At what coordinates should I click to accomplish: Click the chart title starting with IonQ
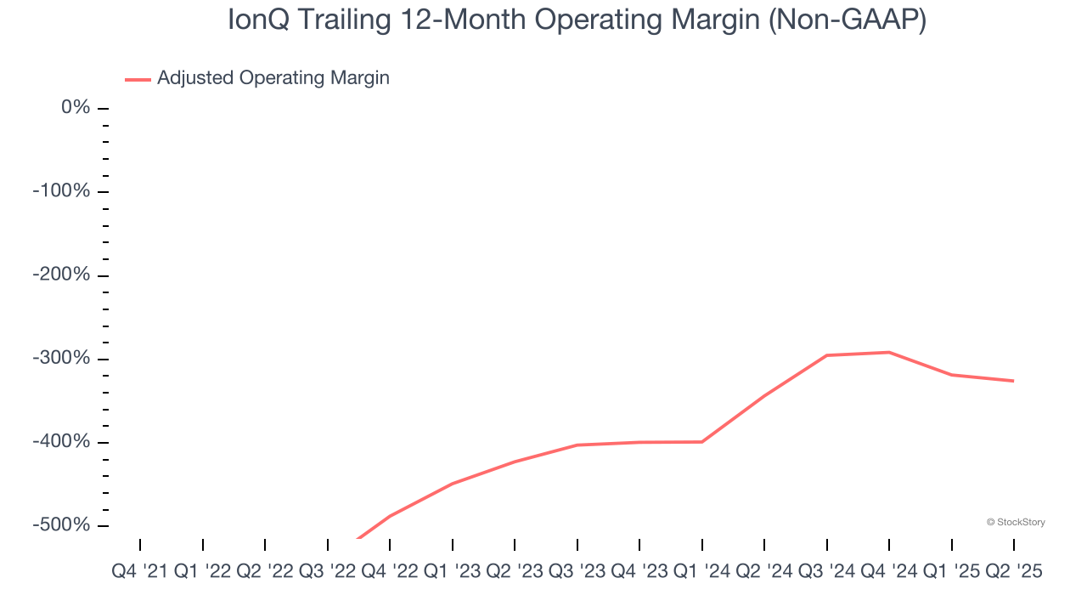click(x=577, y=20)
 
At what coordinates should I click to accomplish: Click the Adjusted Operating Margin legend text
click(x=273, y=78)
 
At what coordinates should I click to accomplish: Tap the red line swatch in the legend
click(x=138, y=79)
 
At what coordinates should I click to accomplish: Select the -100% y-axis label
click(x=62, y=191)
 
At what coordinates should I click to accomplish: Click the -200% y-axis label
click(x=62, y=275)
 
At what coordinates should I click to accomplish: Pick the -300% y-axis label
click(x=62, y=358)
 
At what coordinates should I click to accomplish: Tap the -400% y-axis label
click(x=62, y=442)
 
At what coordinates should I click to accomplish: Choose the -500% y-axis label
click(x=62, y=525)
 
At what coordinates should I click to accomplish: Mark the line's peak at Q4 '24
click(x=889, y=352)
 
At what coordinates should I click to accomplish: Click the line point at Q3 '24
click(x=827, y=355)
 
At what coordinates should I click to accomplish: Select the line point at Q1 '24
click(x=702, y=442)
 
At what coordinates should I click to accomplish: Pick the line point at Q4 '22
click(x=390, y=516)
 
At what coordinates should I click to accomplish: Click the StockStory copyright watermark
click(x=1016, y=522)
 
